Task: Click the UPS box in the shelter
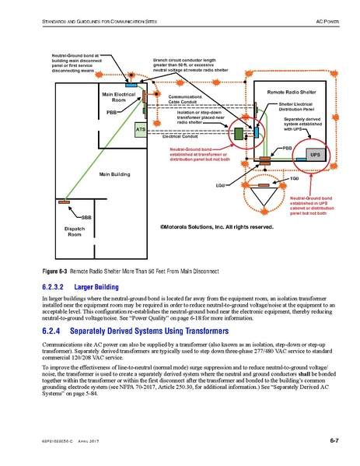click(315, 155)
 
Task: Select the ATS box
click(141, 128)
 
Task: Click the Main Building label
click(114, 174)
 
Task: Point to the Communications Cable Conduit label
click(186, 99)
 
